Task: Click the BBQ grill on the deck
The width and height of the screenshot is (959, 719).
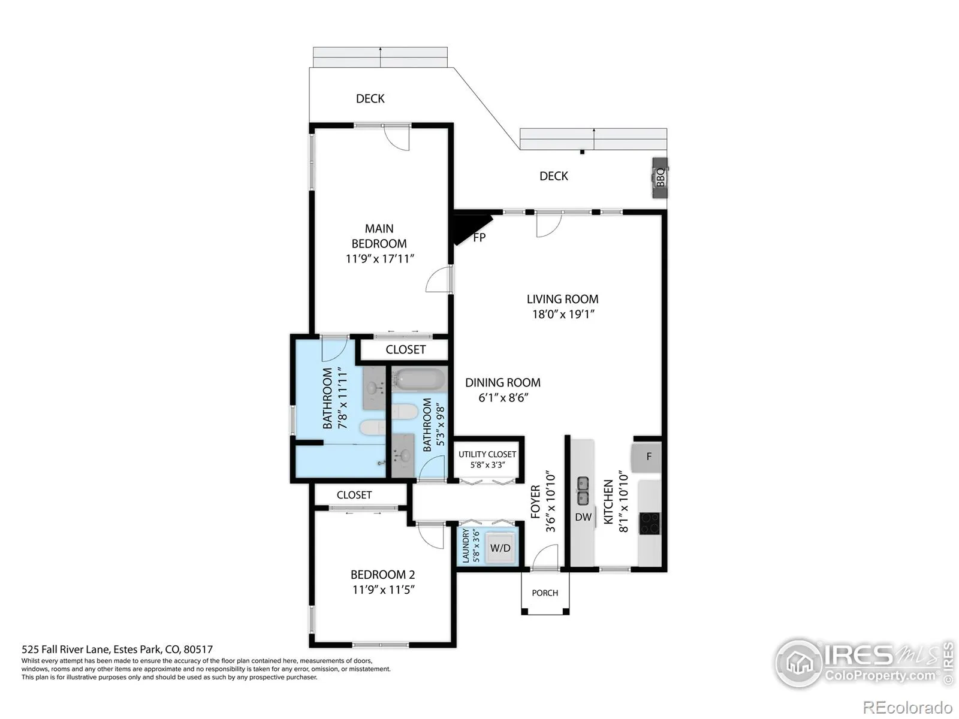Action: point(660,178)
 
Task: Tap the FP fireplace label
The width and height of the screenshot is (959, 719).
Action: point(479,237)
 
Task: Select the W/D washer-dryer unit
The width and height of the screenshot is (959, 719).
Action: point(500,548)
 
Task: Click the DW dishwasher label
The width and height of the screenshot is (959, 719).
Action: point(583,517)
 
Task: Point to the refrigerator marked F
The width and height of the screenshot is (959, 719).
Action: point(646,457)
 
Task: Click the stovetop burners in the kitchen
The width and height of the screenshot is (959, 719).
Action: point(650,524)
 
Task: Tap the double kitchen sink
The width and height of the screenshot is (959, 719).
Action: point(583,491)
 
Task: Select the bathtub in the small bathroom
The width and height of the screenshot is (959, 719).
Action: point(419,379)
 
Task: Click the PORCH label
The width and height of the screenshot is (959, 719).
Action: point(545,593)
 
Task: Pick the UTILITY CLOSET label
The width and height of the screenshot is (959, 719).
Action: point(487,454)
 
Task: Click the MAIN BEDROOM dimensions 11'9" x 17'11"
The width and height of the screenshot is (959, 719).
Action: point(379,259)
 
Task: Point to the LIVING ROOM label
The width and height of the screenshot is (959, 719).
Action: point(562,299)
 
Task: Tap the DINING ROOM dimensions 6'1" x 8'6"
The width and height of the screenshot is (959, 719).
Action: point(503,398)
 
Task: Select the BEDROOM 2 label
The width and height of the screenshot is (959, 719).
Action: point(383,575)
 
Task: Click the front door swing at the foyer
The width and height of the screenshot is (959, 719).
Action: point(545,557)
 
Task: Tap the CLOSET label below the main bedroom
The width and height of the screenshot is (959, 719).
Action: point(405,349)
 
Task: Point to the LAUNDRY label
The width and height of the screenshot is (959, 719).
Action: point(465,546)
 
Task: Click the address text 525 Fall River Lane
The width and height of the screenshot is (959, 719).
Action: point(65,649)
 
